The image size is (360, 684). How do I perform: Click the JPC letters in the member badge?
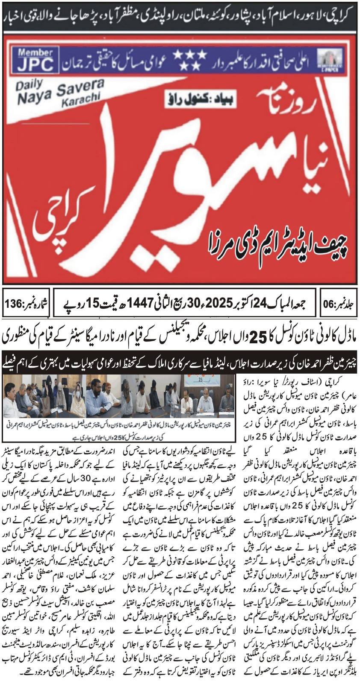click(36, 65)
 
